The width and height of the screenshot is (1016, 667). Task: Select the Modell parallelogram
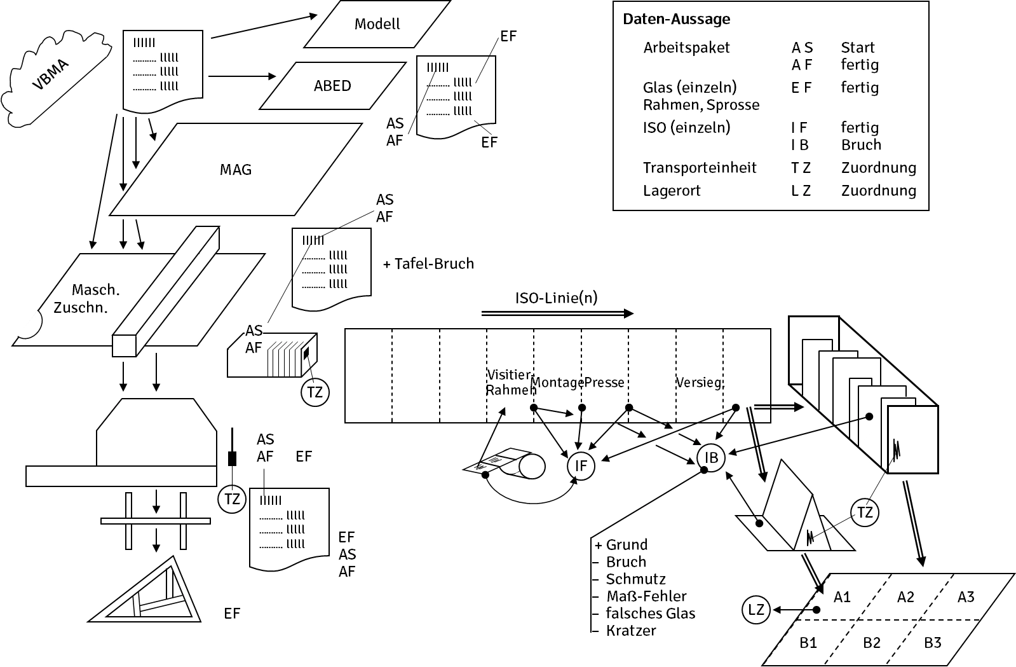pos(377,25)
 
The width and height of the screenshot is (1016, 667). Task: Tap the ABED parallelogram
pos(332,86)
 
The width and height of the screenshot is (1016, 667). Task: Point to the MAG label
pos(236,170)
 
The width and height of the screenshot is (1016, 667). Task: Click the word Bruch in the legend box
pos(861,145)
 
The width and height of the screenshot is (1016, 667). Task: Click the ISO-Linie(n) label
pos(556,298)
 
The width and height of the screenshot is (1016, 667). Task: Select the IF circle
pos(581,466)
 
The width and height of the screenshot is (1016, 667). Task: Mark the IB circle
pos(711,457)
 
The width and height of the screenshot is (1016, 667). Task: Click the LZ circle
pos(756,610)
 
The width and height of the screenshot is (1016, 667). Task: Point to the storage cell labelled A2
pos(905,597)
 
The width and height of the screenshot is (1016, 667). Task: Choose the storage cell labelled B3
pos(932,643)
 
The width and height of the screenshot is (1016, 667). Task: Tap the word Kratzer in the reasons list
pos(630,631)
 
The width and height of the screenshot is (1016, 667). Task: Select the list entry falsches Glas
pos(650,614)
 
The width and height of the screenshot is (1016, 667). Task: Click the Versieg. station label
pos(699,383)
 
